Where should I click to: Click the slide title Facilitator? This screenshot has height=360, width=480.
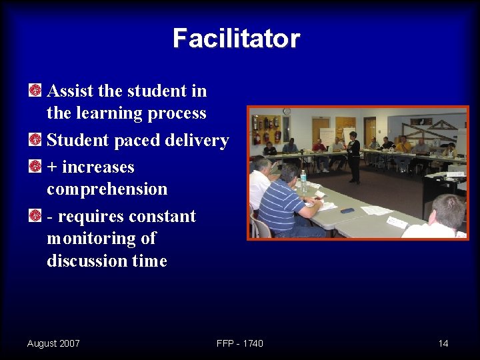(236, 39)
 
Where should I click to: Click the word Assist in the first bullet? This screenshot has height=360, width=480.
(71, 91)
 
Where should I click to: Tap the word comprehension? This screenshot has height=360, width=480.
(107, 189)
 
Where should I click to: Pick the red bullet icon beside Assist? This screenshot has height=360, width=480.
(35, 90)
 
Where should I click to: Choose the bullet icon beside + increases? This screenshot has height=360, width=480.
(35, 167)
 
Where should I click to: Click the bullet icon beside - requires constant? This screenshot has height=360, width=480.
(35, 216)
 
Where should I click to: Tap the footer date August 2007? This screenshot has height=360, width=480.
(53, 343)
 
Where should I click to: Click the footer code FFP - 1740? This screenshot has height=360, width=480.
(240, 343)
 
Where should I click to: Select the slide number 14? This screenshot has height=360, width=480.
(443, 343)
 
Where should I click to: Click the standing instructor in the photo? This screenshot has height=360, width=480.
(354, 157)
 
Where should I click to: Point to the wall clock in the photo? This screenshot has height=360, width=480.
(287, 111)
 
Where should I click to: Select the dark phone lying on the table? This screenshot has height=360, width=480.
(347, 211)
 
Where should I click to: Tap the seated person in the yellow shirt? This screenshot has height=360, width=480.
(405, 145)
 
